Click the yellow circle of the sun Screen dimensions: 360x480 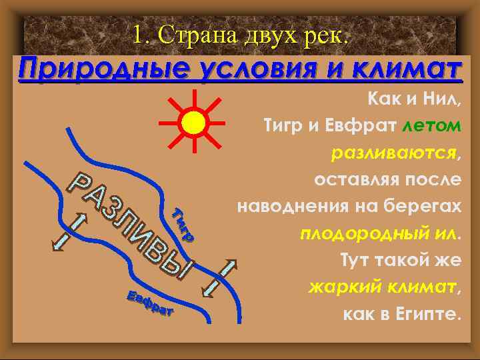coord(193,122)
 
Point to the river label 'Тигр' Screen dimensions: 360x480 coord(181,225)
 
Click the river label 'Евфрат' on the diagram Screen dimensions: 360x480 coord(150,303)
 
